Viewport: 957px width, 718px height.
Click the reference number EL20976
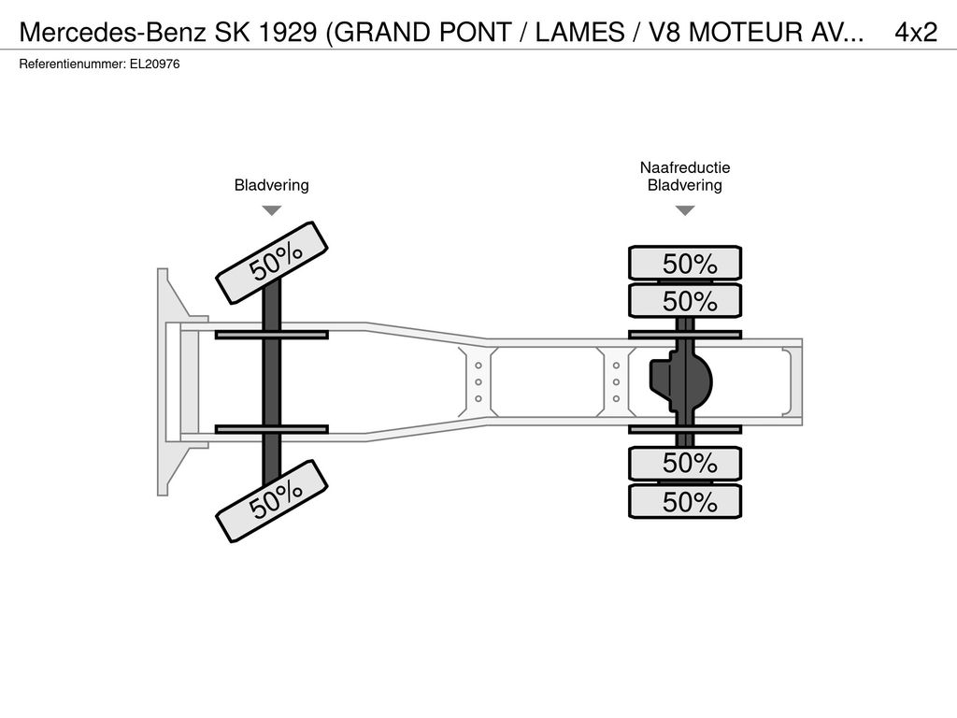click(x=154, y=65)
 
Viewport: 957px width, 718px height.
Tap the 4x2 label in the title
click(x=916, y=32)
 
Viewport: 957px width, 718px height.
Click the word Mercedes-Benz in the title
click(x=113, y=32)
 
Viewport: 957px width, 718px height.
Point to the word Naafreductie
click(x=685, y=167)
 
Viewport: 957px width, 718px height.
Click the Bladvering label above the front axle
click(x=272, y=185)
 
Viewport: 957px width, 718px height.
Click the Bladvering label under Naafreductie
click(x=685, y=185)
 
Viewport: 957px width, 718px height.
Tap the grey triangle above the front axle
click(x=272, y=210)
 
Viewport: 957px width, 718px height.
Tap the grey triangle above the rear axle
click(x=685, y=210)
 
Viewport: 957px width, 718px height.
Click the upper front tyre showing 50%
click(x=272, y=263)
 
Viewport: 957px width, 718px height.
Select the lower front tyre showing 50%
click(x=272, y=501)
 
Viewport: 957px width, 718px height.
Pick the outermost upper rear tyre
click(x=685, y=263)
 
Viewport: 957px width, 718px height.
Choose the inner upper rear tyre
click(x=685, y=300)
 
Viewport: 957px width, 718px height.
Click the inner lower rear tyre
click(x=685, y=463)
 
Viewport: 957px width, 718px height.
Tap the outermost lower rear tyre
click(x=685, y=501)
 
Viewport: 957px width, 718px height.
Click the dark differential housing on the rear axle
click(x=681, y=382)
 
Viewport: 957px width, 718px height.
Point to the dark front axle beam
click(x=272, y=382)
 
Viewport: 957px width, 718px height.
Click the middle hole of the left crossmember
click(x=478, y=382)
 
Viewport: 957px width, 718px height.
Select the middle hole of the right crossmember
click(x=617, y=382)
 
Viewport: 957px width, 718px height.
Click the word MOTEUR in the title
click(x=746, y=32)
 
